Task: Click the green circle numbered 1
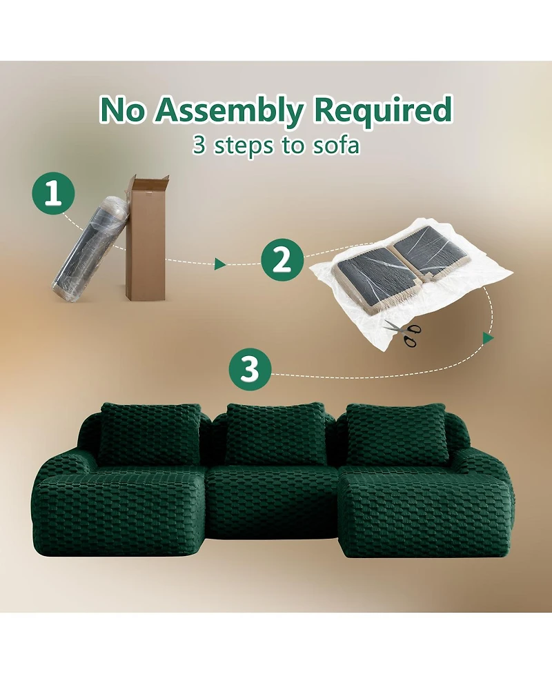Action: tap(51, 195)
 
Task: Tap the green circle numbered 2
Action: tap(281, 261)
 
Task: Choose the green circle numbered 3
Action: tap(249, 370)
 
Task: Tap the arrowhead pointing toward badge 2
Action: tap(220, 264)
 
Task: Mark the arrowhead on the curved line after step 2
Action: tap(488, 338)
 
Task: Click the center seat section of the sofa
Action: tap(275, 500)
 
